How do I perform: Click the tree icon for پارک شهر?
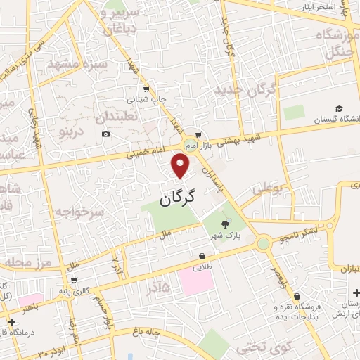tap(224, 224)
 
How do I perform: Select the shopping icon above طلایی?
tap(202, 256)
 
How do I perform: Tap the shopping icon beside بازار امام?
tap(199, 134)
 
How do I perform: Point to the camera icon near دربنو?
tap(105, 134)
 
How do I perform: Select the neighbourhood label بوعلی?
tap(269, 188)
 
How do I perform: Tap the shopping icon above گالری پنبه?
tap(74, 280)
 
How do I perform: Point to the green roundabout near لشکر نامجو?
tap(264, 243)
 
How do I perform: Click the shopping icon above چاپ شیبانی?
tap(146, 89)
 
